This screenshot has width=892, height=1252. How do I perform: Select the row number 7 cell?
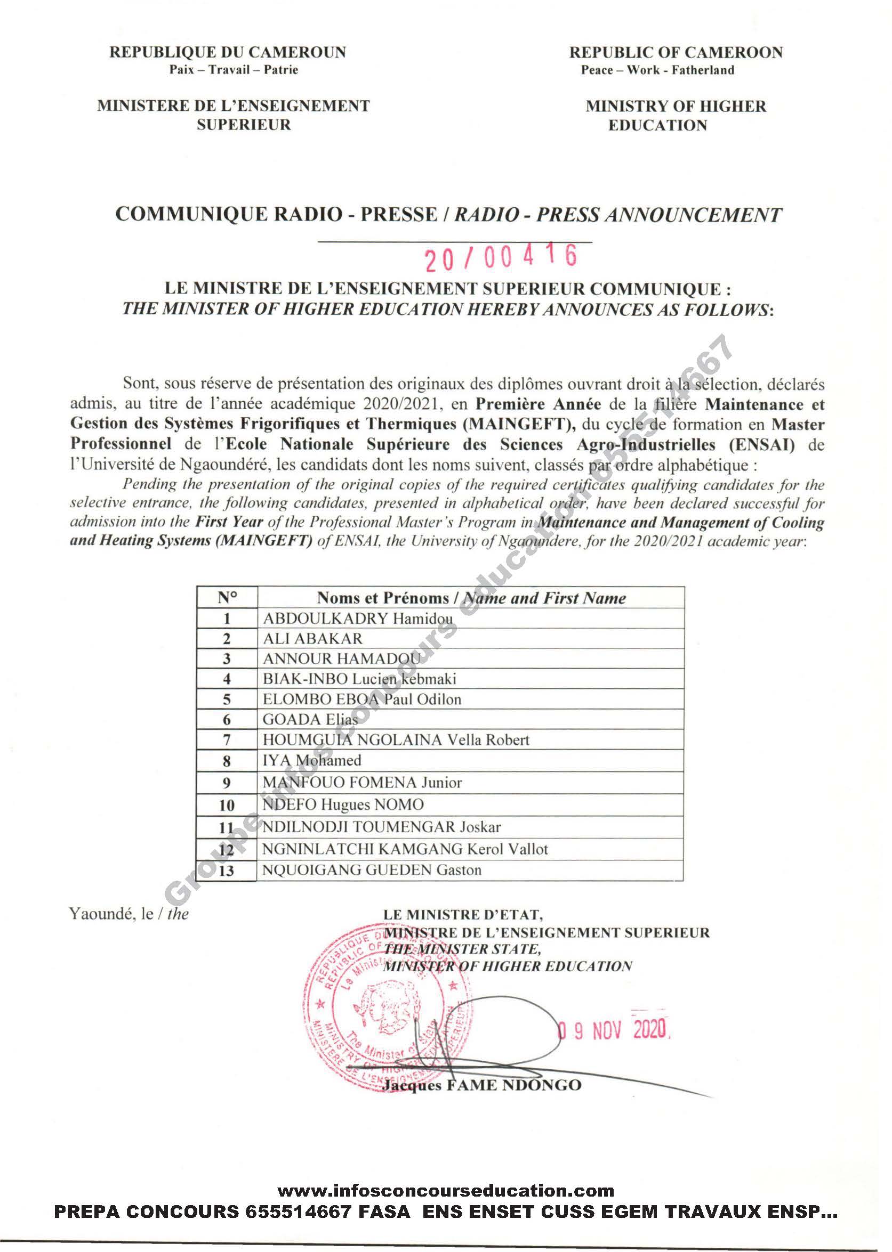(x=226, y=740)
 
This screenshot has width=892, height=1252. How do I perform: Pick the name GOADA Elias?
(x=310, y=720)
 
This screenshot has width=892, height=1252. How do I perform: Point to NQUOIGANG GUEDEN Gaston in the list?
(x=371, y=870)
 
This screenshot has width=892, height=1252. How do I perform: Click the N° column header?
(x=226, y=598)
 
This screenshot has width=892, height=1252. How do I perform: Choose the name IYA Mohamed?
(x=311, y=760)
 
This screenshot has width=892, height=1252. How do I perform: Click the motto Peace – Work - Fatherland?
(x=657, y=70)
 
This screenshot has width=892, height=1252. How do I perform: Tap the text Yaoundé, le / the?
(x=129, y=914)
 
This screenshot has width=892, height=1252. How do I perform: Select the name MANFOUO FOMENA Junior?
(x=362, y=782)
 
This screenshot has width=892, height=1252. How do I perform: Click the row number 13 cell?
(x=226, y=871)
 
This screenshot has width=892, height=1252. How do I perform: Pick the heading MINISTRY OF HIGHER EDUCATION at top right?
(x=675, y=115)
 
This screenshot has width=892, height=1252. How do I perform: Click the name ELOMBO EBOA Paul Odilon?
(x=361, y=700)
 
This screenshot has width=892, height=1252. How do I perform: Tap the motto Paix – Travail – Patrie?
(x=234, y=70)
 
